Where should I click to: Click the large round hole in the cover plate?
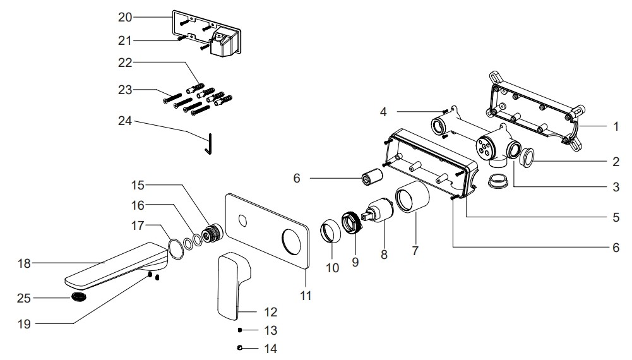tap(292, 243)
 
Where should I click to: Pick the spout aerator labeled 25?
tap(79, 297)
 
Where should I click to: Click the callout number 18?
tap(24, 263)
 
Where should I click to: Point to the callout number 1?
tap(616, 126)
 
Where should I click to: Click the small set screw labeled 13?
tap(241, 330)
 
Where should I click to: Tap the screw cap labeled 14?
tap(241, 347)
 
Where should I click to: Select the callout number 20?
tap(124, 17)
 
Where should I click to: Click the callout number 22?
tap(124, 62)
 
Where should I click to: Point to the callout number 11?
tap(306, 294)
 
